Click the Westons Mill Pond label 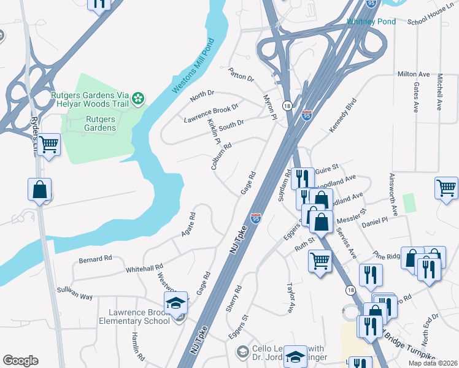pyautogui.click(x=193, y=65)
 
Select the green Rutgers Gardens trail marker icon pyautogui.click(x=139, y=98)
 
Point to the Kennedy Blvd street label pyautogui.click(x=342, y=115)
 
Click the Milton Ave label pyautogui.click(x=411, y=74)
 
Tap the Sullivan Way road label pyautogui.click(x=74, y=297)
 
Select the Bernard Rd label pyautogui.click(x=95, y=259)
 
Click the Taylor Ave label pyautogui.click(x=291, y=298)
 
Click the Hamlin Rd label pyautogui.click(x=137, y=346)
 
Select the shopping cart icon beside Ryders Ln pyautogui.click(x=48, y=145)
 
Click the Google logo pyautogui.click(x=20, y=361)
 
